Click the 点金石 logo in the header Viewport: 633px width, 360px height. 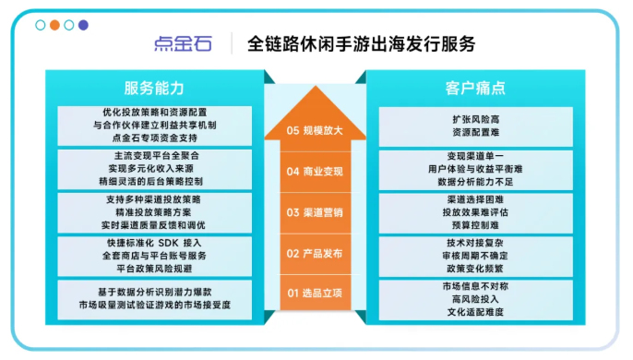185,43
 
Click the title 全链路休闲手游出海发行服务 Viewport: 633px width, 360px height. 362,43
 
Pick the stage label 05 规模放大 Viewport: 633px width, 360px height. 316,130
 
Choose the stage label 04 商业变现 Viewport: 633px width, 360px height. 316,171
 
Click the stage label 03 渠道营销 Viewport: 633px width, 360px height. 316,212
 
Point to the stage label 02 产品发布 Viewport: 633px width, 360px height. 316,253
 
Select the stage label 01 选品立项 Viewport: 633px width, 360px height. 316,294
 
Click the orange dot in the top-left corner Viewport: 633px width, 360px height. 54,25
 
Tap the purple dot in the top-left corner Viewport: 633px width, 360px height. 84,25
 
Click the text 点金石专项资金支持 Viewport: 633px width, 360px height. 154,138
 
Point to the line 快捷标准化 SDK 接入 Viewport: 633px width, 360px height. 154,242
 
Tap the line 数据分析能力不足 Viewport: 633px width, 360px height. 475,183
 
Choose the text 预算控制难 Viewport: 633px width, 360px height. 475,224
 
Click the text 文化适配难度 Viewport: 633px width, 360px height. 475,312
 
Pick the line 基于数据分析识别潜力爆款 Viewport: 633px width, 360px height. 154,290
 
